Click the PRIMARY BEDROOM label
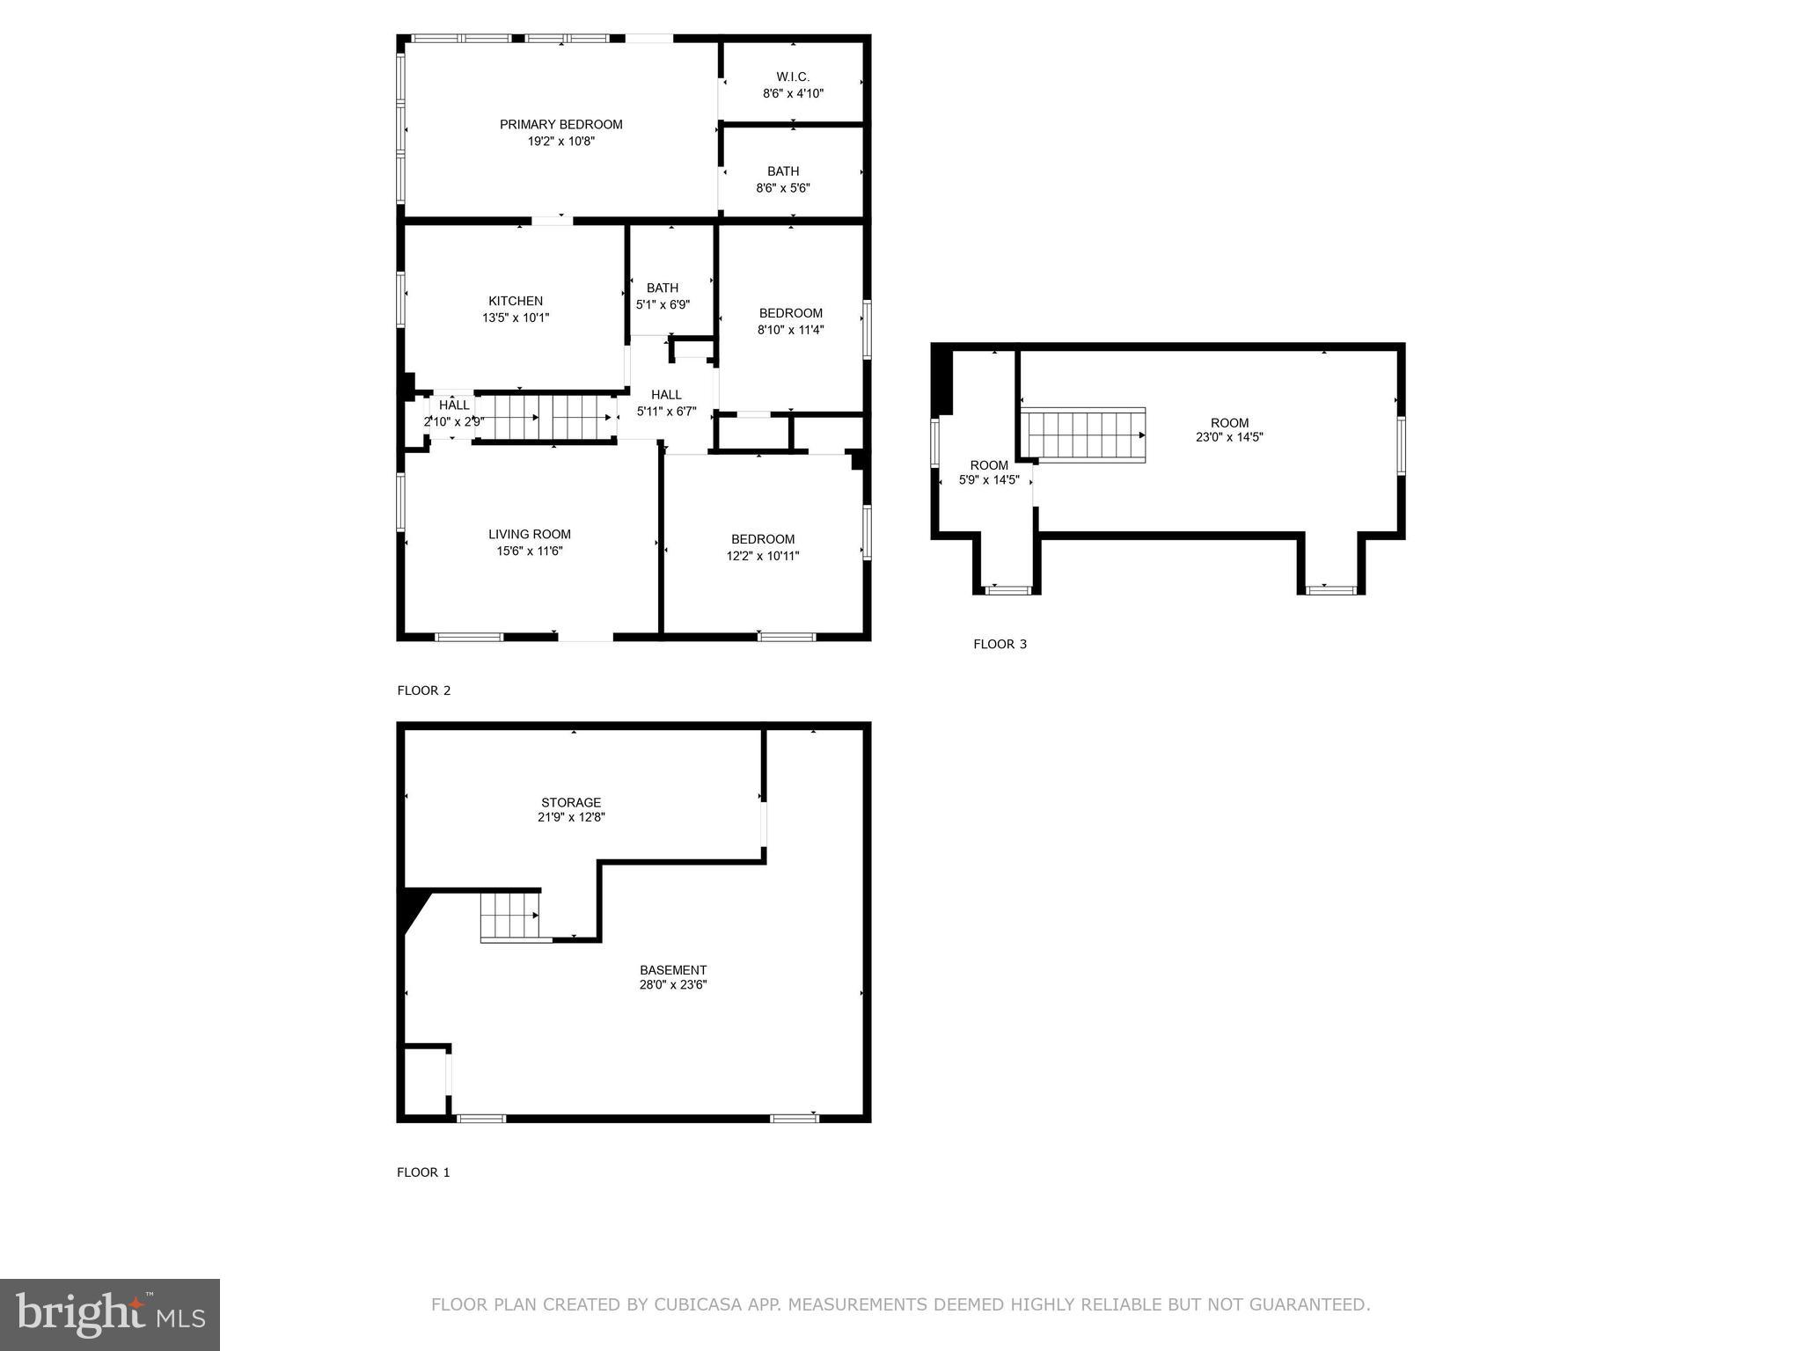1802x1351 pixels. point(561,125)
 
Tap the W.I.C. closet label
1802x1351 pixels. point(793,77)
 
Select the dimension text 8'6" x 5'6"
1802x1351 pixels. point(783,188)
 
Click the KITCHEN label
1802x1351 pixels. point(516,302)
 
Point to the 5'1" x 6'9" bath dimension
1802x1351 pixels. point(663,305)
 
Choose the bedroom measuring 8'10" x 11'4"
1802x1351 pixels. point(791,321)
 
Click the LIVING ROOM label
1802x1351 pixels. point(530,535)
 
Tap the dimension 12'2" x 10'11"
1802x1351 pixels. point(763,556)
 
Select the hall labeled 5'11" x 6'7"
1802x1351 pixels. point(666,403)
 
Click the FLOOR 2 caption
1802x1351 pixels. point(424,690)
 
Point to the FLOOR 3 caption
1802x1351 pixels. point(1000,644)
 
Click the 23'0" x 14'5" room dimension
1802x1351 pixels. point(1229,437)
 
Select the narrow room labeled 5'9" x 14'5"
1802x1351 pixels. point(989,473)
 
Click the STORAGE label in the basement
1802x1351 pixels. point(571,802)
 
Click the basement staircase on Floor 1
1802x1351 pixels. point(510,916)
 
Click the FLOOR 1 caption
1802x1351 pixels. point(423,1172)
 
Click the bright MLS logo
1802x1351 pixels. point(110,1314)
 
